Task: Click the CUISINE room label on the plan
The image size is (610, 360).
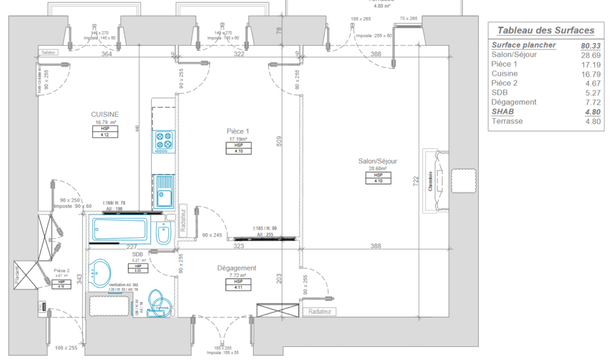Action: [x=105, y=114]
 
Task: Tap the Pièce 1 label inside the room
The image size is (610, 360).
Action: [x=238, y=131]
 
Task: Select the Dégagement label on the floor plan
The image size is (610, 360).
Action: [x=236, y=268]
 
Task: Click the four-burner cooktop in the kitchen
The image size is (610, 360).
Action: [x=164, y=141]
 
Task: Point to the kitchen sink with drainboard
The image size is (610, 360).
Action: [x=163, y=190]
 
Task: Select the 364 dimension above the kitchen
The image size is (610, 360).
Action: [x=107, y=54]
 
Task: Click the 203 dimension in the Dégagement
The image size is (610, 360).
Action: [x=278, y=277]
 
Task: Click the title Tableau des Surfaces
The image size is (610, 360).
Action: [x=545, y=30]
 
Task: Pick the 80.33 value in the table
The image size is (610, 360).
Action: [x=590, y=45]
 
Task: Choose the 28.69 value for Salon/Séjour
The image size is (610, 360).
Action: [x=590, y=55]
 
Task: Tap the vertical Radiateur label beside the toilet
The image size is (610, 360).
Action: [x=183, y=219]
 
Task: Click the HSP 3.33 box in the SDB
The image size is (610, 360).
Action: [x=138, y=268]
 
